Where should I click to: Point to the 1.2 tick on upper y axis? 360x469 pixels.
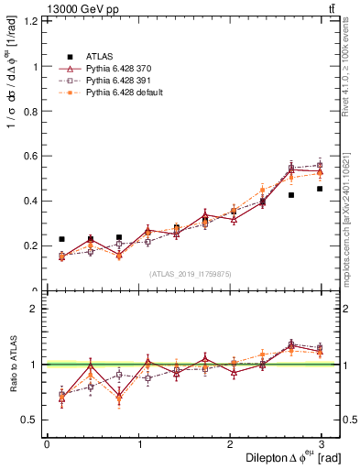coord(32,20)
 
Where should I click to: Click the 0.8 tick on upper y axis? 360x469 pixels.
coord(32,111)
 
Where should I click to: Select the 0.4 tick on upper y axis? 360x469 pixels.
coord(32,201)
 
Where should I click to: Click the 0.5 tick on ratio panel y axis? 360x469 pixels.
coord(32,420)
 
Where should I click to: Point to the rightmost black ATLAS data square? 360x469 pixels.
coord(320,189)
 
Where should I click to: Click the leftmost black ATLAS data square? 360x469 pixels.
coord(61,239)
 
